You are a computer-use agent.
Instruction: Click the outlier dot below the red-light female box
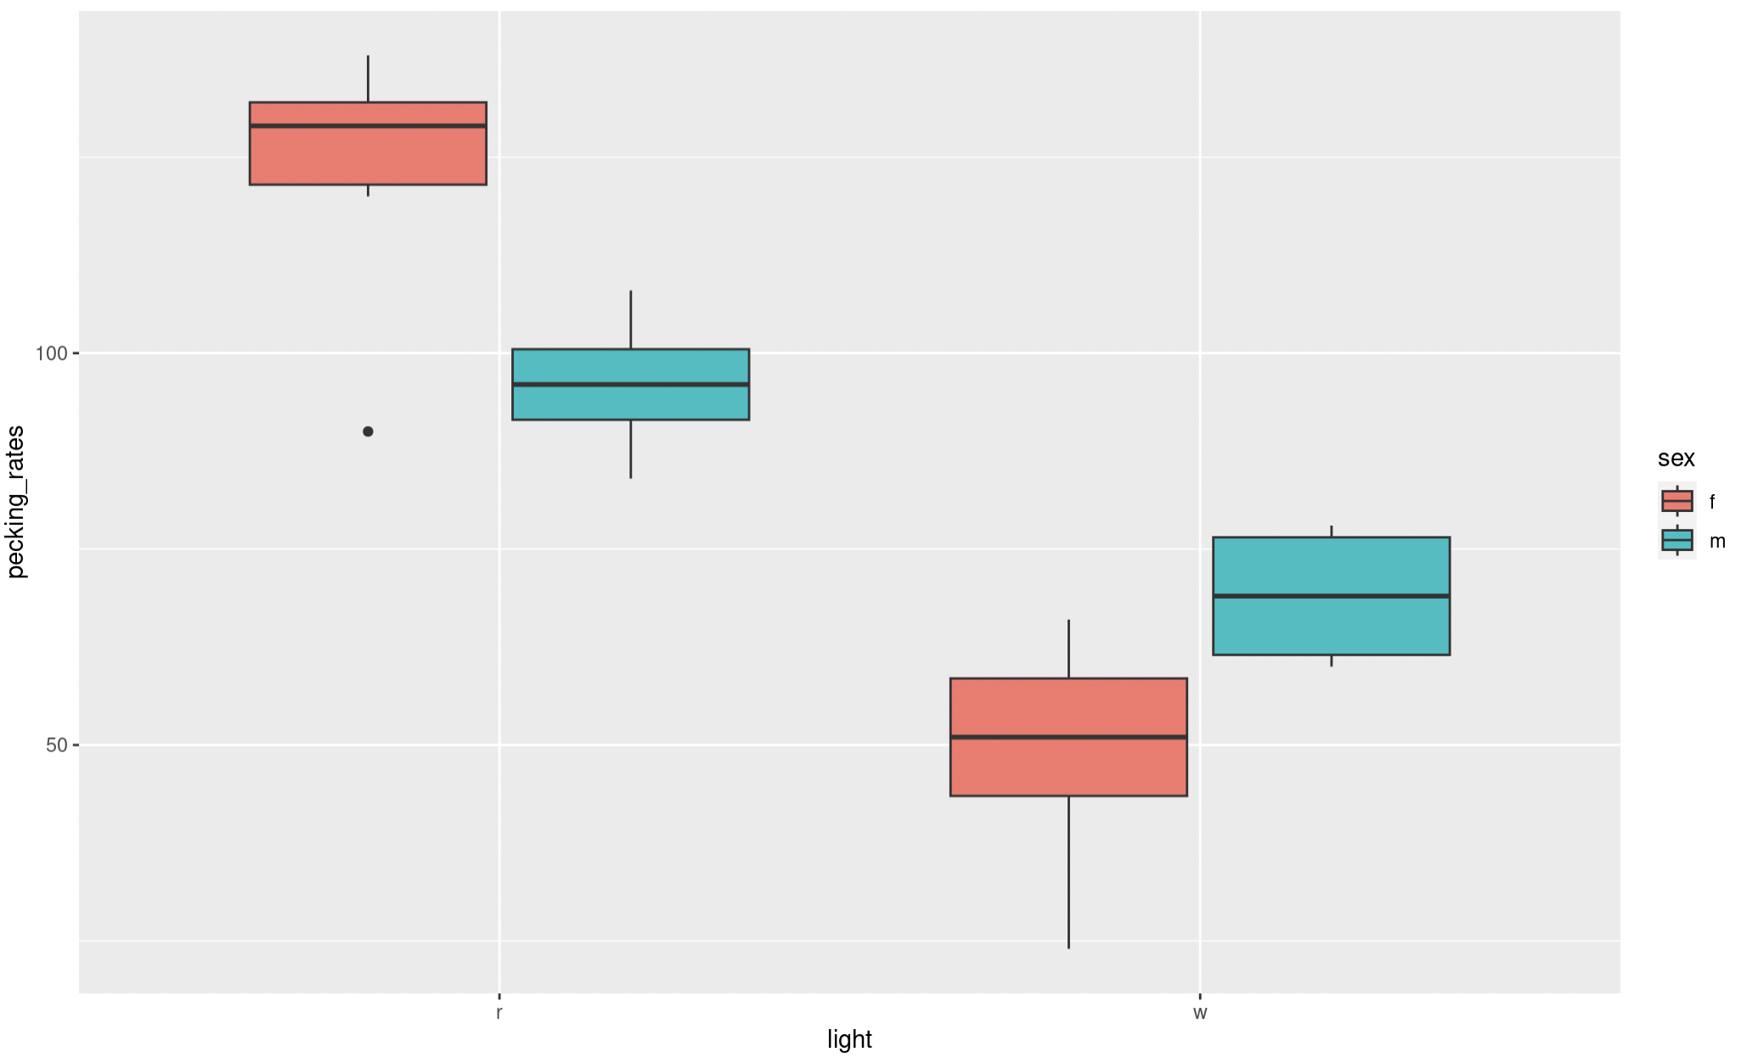[x=368, y=431]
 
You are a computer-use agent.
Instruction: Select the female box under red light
[x=368, y=157]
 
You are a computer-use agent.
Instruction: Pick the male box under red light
[x=630, y=403]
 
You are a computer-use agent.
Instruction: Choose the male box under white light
[x=1331, y=628]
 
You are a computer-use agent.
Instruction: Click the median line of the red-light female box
[x=368, y=126]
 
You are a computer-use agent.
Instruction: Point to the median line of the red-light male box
[x=630, y=385]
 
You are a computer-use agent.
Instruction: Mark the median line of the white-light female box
[x=1068, y=737]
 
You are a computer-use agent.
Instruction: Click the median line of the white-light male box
[x=1331, y=596]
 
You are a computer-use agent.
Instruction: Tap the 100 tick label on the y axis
[x=51, y=353]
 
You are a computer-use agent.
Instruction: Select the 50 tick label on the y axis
[x=56, y=745]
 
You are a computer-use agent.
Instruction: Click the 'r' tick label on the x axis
[x=499, y=1013]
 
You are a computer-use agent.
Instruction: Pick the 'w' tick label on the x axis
[x=1200, y=1013]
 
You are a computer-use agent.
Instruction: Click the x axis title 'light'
[x=849, y=1040]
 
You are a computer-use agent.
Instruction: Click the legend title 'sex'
[x=1676, y=458]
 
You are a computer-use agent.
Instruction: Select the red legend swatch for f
[x=1676, y=501]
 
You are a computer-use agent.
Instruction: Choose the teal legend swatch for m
[x=1676, y=541]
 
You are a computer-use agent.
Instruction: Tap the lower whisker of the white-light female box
[x=1068, y=875]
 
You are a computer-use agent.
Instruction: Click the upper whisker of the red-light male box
[x=630, y=319]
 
